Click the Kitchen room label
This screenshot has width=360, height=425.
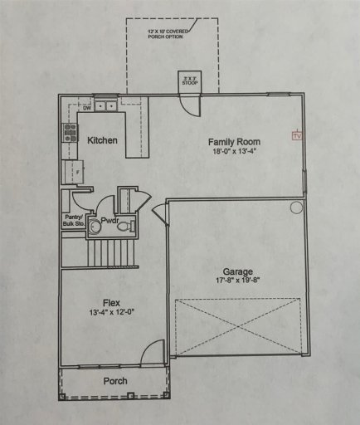(102, 140)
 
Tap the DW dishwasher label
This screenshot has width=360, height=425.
(85, 107)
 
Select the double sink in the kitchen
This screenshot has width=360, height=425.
(105, 105)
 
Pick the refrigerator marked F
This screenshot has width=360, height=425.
(73, 172)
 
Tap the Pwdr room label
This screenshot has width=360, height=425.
(111, 222)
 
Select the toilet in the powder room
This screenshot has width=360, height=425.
(95, 225)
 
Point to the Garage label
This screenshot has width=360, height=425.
(237, 271)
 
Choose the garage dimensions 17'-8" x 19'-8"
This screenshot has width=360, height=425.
(237, 281)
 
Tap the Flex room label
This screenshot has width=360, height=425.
(113, 302)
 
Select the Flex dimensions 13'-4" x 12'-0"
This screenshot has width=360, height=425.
(113, 313)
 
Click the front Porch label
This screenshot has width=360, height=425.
(114, 381)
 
